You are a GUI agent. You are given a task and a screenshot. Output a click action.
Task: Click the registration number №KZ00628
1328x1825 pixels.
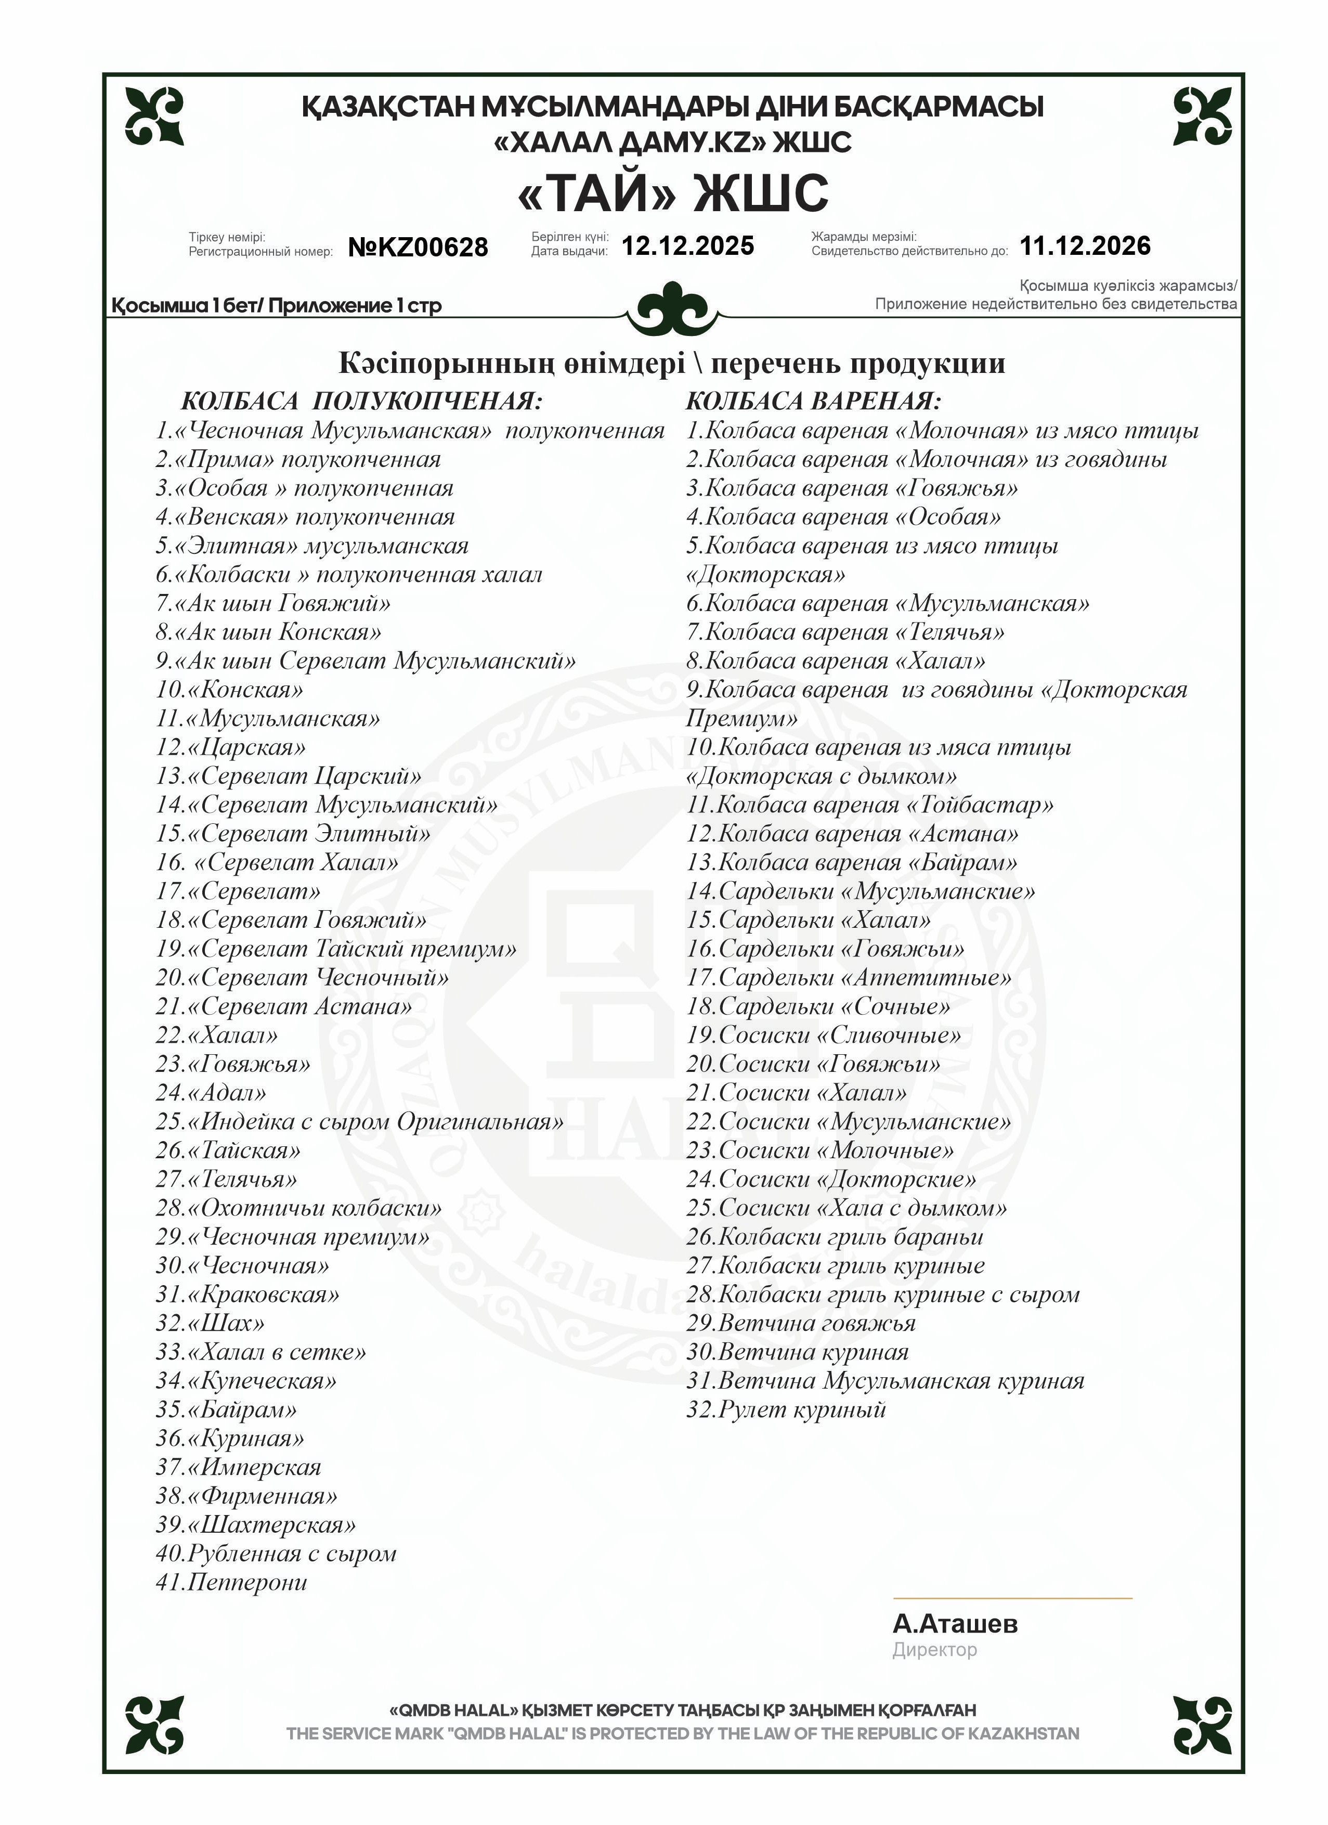coord(418,247)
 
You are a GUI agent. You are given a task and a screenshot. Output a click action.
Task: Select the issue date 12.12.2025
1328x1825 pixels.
coord(688,245)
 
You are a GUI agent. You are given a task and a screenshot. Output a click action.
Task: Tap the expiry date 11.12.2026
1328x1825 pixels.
coord(1084,245)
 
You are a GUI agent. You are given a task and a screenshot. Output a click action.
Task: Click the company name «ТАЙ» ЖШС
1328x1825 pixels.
coord(672,192)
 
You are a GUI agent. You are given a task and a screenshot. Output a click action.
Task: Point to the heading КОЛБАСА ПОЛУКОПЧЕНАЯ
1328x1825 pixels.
coord(361,400)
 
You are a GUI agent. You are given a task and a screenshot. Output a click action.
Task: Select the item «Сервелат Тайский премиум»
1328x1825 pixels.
coord(336,949)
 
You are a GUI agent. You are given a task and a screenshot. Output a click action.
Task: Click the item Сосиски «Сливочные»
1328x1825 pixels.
coord(824,1036)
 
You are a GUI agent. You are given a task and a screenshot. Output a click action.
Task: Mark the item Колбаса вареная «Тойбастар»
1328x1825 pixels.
coord(869,805)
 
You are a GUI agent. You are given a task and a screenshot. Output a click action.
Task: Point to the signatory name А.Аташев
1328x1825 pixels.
coord(955,1624)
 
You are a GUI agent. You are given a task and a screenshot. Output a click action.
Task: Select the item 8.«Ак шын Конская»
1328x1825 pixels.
coord(269,632)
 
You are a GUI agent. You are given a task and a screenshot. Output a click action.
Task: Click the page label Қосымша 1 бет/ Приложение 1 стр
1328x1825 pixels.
coord(277,306)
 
